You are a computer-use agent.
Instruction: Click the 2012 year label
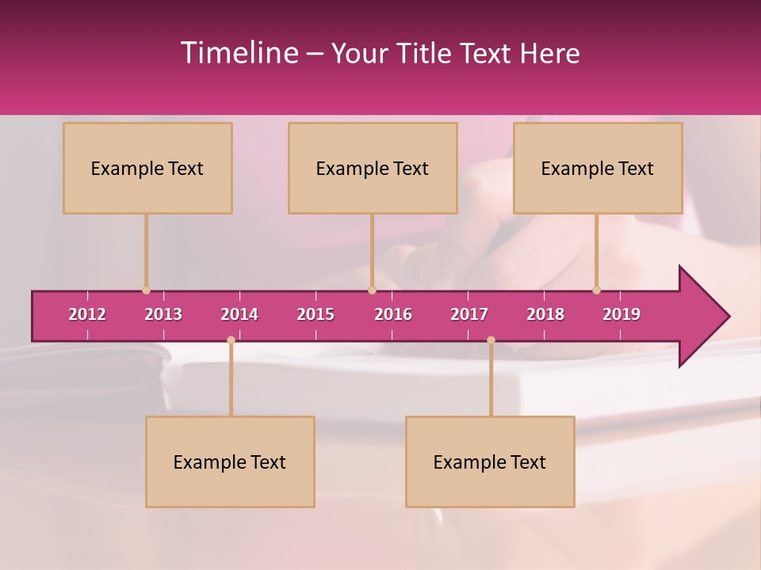87,314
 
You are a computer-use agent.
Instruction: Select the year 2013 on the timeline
163,314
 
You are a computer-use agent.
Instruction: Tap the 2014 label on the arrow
239,314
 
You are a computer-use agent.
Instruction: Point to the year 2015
315,314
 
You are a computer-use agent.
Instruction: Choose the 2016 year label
393,314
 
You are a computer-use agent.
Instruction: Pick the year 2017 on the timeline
469,314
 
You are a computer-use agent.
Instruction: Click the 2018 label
545,314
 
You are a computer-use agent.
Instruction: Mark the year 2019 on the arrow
621,314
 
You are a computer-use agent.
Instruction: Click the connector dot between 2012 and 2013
146,291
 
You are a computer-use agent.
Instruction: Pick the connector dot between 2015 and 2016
372,291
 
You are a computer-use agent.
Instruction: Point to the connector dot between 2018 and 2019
597,291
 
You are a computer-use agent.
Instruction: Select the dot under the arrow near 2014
231,340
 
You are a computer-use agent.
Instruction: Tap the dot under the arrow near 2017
491,340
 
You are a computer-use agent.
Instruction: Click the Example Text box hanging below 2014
230,462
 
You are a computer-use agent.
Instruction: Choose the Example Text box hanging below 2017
490,462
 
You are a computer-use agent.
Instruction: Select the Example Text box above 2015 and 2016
373,168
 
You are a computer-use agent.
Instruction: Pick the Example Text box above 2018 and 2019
598,168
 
